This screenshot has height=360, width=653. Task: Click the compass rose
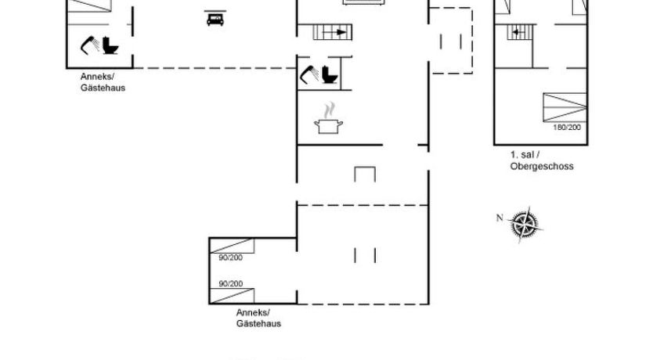525,225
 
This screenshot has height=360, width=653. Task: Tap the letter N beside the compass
500,218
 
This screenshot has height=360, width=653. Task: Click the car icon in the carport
215,19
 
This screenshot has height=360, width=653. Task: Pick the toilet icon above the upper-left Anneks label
110,45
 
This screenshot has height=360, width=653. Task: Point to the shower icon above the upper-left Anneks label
90,45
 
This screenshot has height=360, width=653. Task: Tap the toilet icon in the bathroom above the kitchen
330,74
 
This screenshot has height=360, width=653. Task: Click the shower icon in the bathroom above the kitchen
309,74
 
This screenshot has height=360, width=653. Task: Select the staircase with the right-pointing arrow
332,32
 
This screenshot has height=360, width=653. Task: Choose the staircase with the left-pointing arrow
521,32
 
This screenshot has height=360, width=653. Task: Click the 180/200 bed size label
566,128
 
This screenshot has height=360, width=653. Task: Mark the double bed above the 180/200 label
565,107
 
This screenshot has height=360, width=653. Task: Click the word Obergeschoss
542,166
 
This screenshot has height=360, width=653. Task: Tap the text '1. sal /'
525,155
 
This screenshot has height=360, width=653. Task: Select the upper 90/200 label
231,257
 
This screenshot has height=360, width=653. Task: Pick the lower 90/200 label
231,284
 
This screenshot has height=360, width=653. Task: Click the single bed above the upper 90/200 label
232,246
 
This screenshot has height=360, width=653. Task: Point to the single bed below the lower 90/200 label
232,296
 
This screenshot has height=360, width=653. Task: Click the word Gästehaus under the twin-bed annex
258,323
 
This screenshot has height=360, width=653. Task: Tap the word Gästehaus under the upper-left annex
103,88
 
